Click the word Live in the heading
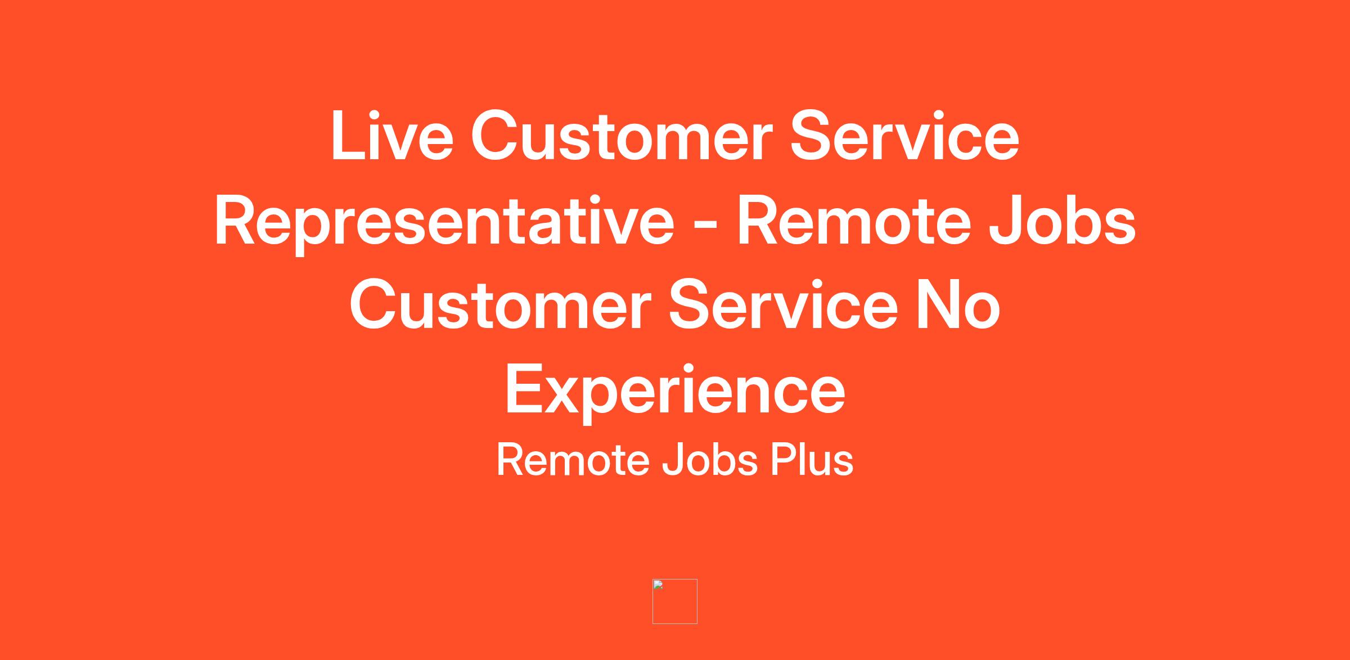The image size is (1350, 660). coord(392,136)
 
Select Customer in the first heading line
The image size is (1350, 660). coord(619,136)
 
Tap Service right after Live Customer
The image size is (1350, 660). coord(904,136)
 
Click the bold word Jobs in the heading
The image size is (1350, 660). coord(1063,221)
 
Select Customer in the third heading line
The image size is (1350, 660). coord(500,305)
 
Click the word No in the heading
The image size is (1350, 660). coord(958,305)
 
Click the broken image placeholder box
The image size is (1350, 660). coord(675,601)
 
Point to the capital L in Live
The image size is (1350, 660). coord(349,135)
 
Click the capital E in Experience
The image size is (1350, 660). coord(526,388)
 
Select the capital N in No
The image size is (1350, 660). coord(939,304)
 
